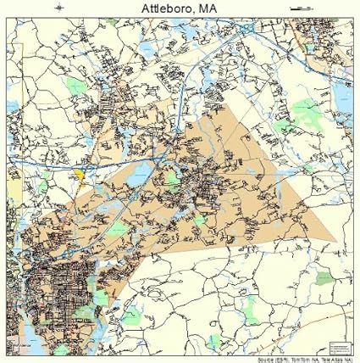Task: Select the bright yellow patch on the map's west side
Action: pos(79,174)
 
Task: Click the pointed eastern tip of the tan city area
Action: pos(335,239)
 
